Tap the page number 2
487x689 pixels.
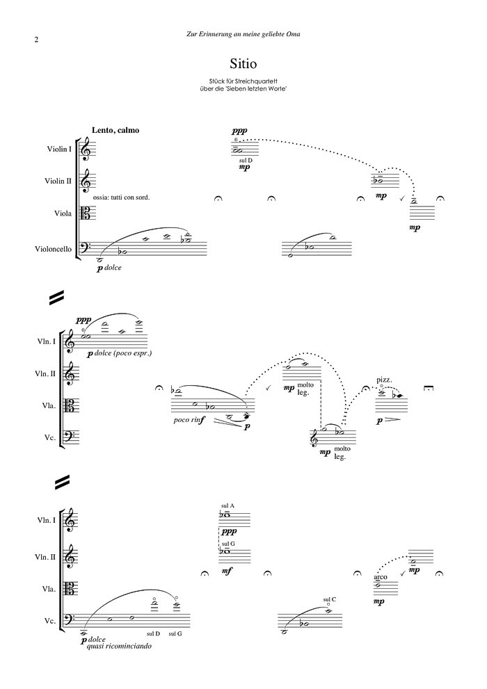click(x=35, y=40)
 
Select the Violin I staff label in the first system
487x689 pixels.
click(x=59, y=149)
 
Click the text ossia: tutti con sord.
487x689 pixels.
click(x=121, y=197)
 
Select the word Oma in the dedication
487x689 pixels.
click(x=300, y=33)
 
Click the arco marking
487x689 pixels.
click(x=380, y=577)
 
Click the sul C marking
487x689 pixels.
click(x=330, y=599)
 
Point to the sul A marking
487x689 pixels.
click(x=227, y=505)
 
